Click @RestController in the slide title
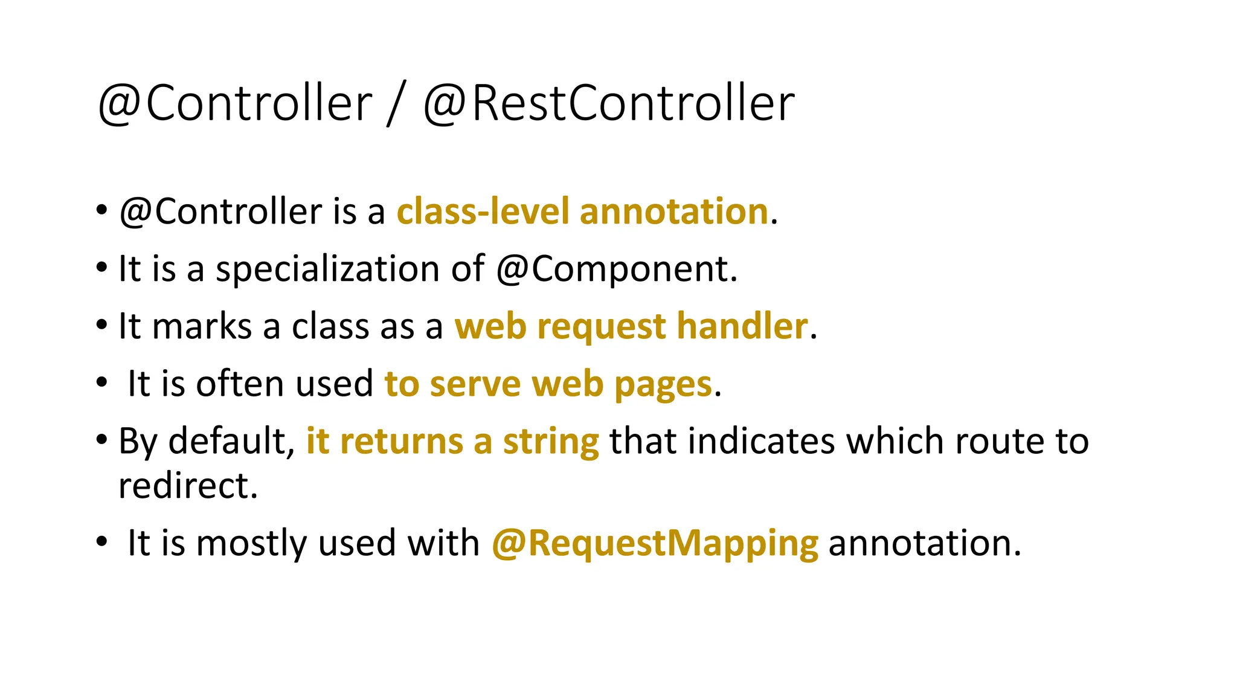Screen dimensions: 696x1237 coord(609,104)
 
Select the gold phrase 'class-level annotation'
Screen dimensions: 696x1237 coord(582,211)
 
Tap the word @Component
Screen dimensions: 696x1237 coord(616,269)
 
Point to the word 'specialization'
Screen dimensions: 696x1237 coord(327,269)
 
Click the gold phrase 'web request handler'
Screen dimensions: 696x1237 coord(631,326)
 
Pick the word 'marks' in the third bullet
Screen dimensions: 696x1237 coord(202,326)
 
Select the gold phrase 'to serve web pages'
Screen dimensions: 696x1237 coord(548,384)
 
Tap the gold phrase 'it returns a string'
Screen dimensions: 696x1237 coord(452,441)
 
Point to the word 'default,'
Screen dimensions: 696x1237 coord(231,441)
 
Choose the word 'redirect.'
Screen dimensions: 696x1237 coord(188,486)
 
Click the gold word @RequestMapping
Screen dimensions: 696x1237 coord(655,543)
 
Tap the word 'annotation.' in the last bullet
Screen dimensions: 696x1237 coord(924,543)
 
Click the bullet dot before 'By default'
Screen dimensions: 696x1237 coord(101,439)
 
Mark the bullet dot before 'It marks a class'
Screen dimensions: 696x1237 coord(101,324)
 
